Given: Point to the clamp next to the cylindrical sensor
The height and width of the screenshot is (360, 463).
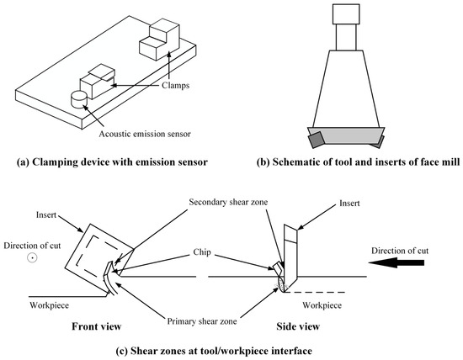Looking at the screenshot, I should point(96,83).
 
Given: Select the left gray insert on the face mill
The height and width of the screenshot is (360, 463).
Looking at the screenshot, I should point(318,138).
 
